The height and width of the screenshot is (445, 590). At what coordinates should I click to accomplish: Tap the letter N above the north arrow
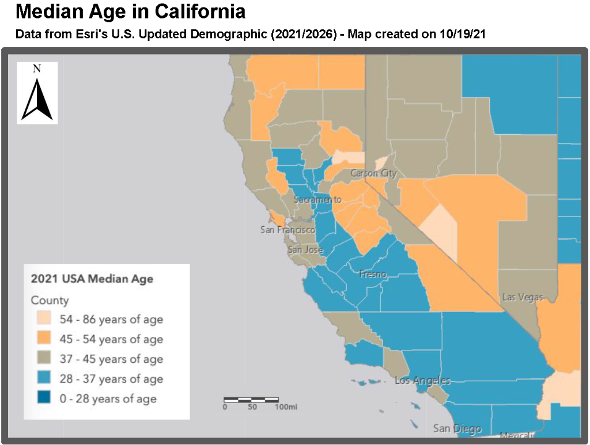[x=37, y=69]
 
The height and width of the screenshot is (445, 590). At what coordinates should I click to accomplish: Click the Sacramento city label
[x=317, y=199]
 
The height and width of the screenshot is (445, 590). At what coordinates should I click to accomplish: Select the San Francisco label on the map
[x=288, y=230]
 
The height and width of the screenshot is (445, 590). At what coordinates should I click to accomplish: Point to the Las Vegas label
[x=523, y=297]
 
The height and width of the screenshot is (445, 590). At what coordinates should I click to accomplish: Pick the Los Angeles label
[x=422, y=381]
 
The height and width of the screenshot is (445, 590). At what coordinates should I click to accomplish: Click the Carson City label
[x=373, y=173]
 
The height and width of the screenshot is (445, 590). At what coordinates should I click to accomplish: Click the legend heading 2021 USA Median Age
[x=92, y=279]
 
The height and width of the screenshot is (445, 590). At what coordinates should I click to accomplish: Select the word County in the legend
[x=50, y=300]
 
